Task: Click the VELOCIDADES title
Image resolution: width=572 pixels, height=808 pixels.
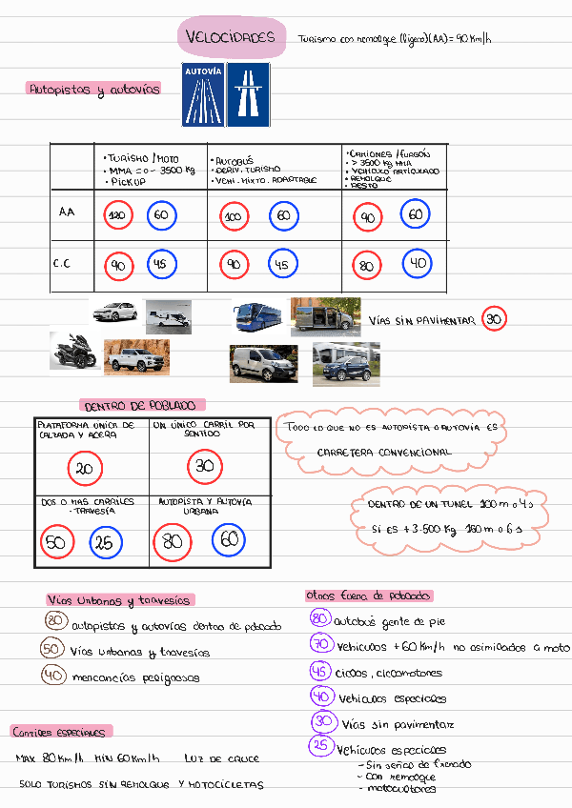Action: click(232, 38)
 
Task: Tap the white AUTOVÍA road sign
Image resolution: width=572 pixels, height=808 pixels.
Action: click(203, 94)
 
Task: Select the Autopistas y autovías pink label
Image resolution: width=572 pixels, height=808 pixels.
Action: click(93, 90)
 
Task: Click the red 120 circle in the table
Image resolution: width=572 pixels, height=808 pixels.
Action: click(118, 215)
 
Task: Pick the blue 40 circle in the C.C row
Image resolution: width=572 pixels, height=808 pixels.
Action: click(417, 263)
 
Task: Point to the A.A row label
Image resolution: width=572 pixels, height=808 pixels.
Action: click(66, 212)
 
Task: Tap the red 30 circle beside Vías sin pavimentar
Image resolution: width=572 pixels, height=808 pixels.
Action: click(494, 320)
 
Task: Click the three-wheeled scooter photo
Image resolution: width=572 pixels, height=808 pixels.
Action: click(73, 351)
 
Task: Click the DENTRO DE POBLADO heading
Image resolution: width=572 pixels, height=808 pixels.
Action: click(143, 405)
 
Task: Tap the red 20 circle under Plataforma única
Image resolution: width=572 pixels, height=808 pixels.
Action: click(84, 469)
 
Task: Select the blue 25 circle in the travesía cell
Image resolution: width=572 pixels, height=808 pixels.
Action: click(106, 543)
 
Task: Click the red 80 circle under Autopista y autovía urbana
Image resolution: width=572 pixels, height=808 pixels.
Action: click(173, 542)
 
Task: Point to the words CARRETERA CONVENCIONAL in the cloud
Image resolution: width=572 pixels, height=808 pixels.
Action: click(384, 453)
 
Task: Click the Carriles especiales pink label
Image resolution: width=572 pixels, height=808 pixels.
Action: click(59, 732)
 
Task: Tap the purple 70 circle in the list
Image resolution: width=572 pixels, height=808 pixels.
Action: click(320, 645)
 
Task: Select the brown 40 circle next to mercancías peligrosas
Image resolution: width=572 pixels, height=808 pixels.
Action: click(54, 675)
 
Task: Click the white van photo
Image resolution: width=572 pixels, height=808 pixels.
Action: click(262, 363)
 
